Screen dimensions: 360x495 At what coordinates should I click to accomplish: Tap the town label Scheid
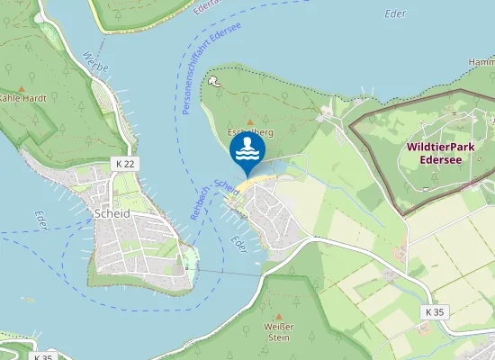(112, 213)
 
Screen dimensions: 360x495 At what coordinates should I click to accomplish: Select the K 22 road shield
(126, 163)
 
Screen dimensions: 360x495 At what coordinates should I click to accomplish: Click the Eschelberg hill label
(251, 132)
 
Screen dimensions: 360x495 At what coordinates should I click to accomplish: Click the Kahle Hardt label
(22, 97)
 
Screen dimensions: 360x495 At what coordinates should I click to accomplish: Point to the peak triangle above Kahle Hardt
(23, 85)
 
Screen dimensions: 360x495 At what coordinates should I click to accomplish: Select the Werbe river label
(94, 66)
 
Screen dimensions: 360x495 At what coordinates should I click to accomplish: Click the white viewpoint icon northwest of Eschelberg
(213, 80)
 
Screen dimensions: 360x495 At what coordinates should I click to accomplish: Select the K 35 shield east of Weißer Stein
(434, 311)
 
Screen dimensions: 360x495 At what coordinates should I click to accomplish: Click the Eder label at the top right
(394, 14)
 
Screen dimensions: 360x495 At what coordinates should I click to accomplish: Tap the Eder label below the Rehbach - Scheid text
(238, 244)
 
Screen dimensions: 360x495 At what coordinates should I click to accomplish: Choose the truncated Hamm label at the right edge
(481, 62)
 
